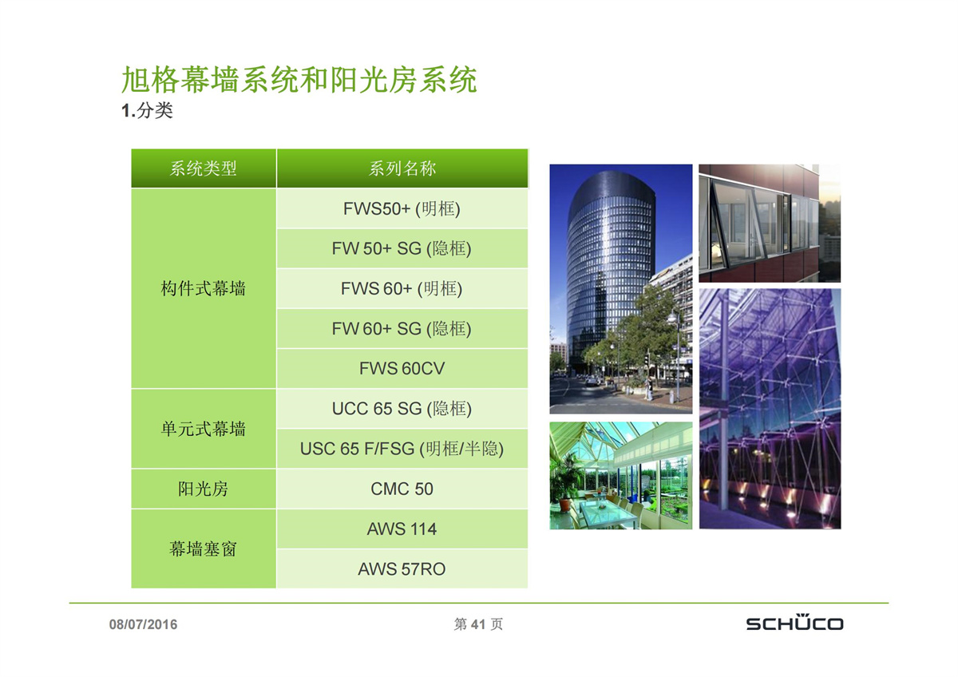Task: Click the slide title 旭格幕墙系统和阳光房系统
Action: click(x=299, y=80)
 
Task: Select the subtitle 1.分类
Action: click(x=147, y=111)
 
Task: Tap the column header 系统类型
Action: click(x=203, y=168)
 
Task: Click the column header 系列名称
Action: click(x=402, y=168)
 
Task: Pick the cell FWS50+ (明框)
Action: click(x=402, y=208)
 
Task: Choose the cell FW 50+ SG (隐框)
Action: click(x=402, y=248)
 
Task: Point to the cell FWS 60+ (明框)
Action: click(x=402, y=289)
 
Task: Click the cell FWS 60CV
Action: click(x=402, y=369)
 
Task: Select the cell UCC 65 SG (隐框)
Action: click(x=402, y=409)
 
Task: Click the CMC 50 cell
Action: click(x=402, y=489)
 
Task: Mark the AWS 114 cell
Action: click(x=402, y=529)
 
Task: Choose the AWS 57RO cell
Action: click(x=402, y=569)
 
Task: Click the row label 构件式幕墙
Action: click(x=203, y=289)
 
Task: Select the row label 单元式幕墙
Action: click(x=203, y=429)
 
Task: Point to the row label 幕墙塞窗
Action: click(x=203, y=549)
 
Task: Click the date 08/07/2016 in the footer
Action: click(x=143, y=624)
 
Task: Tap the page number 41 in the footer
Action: click(x=477, y=624)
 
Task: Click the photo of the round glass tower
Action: click(x=620, y=289)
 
